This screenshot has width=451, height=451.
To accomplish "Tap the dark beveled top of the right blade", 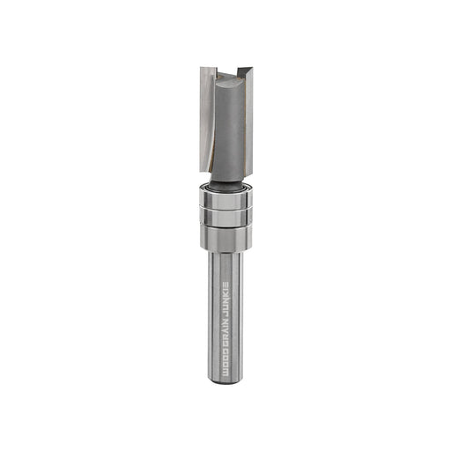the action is point(245,72).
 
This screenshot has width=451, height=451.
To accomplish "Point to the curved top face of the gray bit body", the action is point(229,78).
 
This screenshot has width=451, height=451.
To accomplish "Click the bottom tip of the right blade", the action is point(248,174).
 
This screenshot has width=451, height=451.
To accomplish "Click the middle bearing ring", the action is point(225,217).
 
